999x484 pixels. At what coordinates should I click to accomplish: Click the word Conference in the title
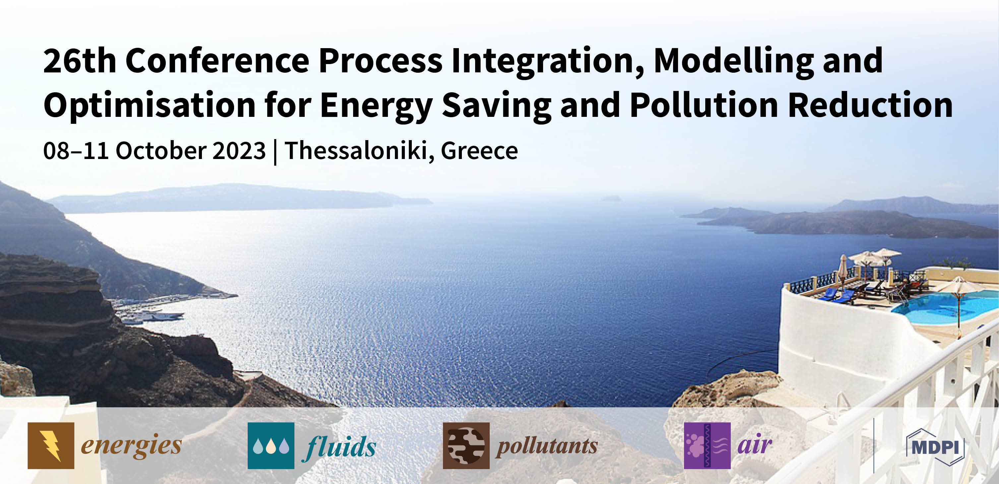tap(217, 61)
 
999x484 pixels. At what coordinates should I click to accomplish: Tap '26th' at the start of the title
tap(80, 61)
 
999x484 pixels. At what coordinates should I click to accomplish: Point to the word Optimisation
tap(149, 106)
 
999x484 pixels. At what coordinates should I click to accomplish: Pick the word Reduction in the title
tap(870, 106)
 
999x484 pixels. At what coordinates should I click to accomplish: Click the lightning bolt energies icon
tap(51, 445)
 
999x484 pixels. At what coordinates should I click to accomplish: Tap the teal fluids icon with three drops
tap(271, 445)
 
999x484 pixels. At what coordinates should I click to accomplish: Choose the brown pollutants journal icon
tap(466, 445)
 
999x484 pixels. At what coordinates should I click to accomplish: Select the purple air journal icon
tap(707, 445)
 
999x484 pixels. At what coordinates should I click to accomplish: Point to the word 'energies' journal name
tap(131, 445)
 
